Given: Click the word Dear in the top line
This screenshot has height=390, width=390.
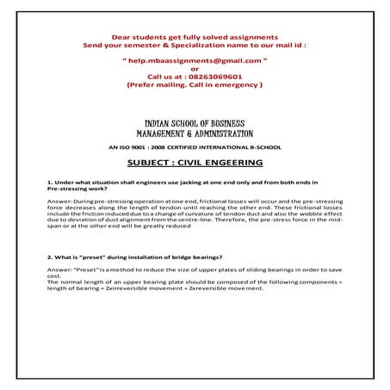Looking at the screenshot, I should pos(121,35).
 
